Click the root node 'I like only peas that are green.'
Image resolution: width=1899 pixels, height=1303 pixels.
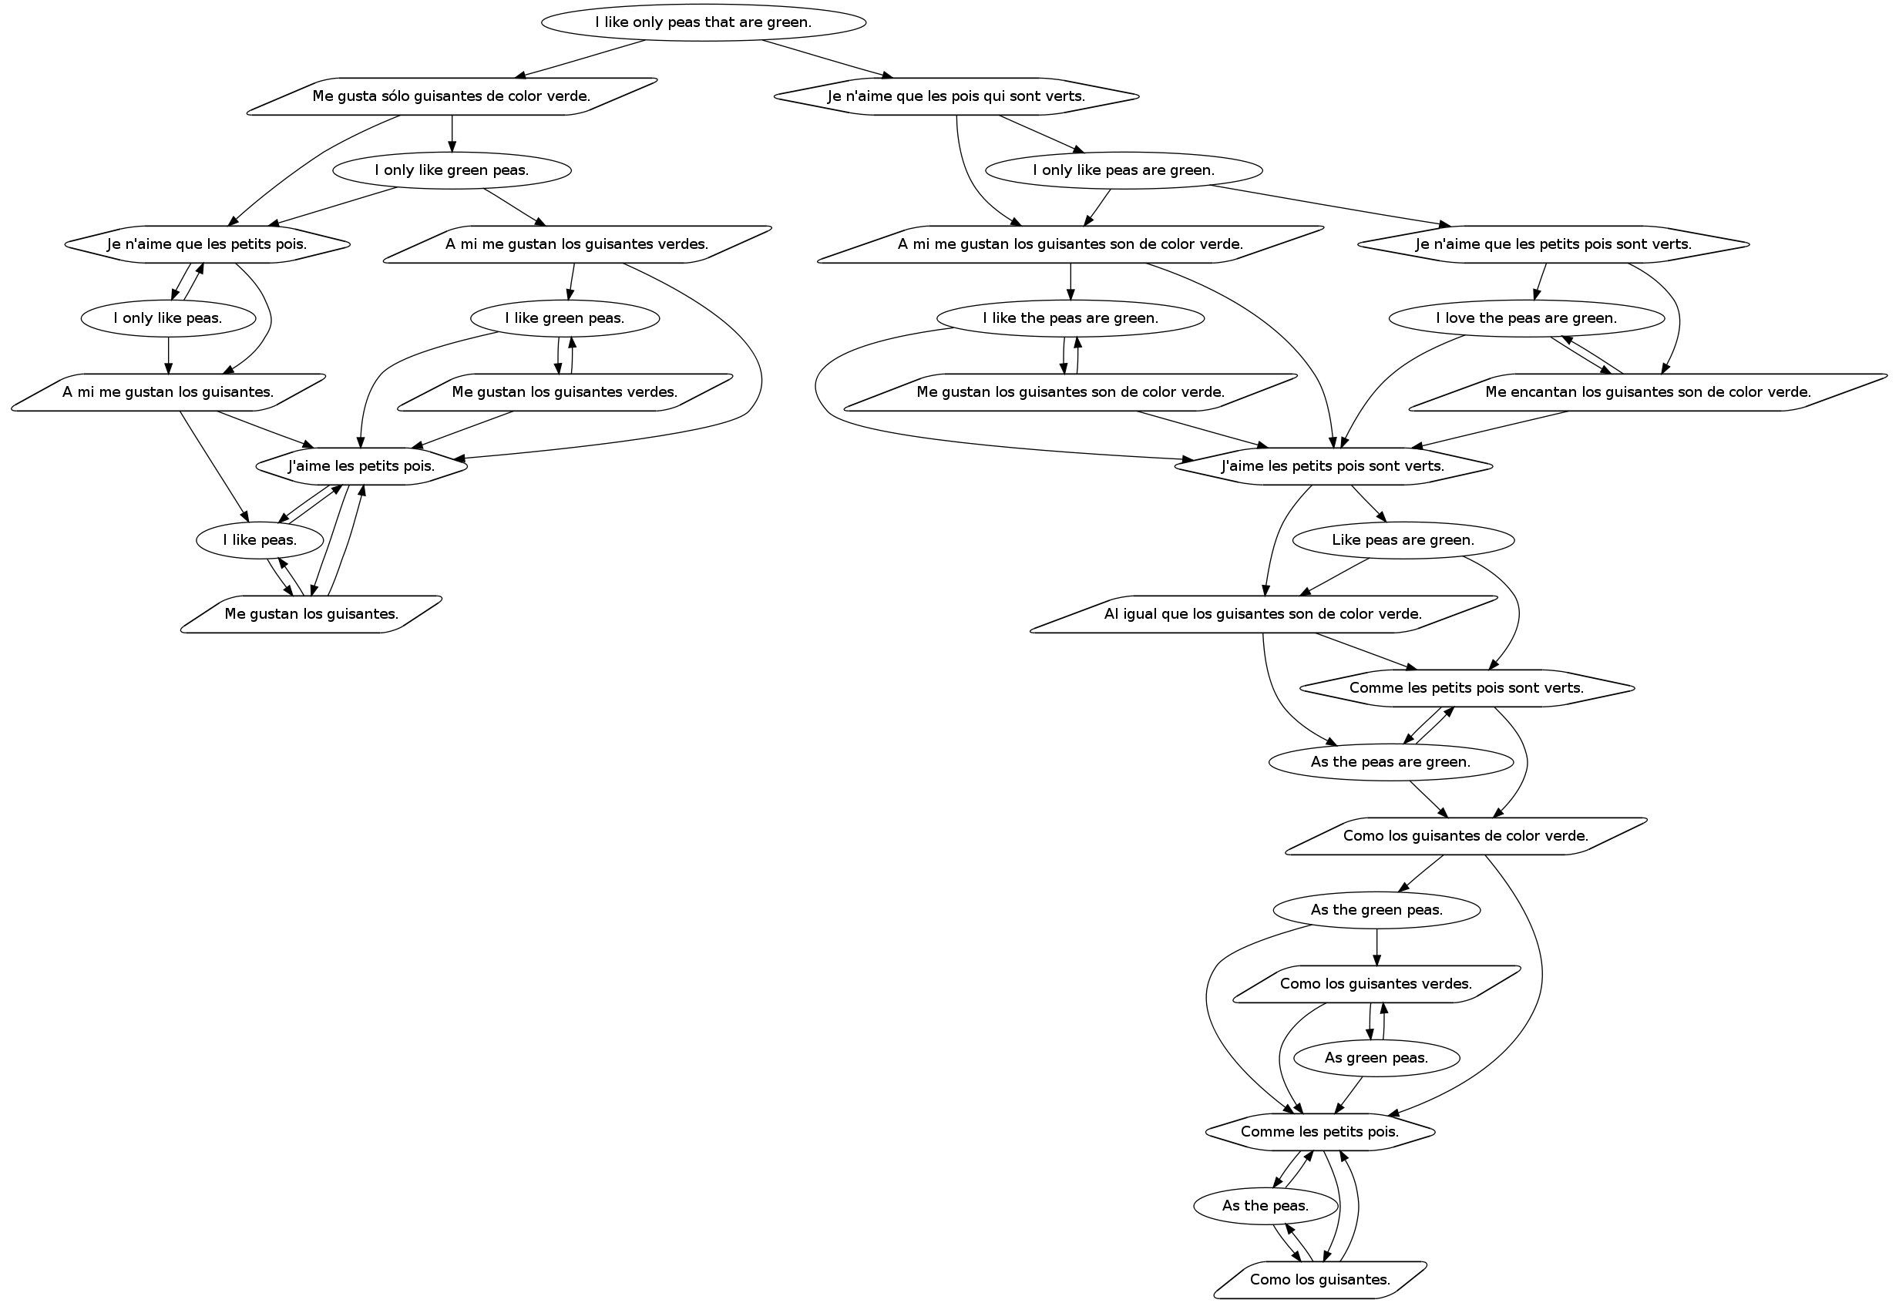click(x=704, y=22)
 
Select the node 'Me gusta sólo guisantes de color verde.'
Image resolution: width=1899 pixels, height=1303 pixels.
click(x=452, y=96)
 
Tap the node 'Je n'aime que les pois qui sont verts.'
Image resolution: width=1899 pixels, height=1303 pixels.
click(x=956, y=96)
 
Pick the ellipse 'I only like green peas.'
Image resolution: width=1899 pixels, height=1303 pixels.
click(x=452, y=171)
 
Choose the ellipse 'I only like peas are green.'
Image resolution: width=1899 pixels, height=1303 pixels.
click(x=1124, y=171)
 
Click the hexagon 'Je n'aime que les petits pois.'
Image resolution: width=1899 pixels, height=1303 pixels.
click(x=207, y=244)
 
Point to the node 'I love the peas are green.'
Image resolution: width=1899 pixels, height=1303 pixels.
click(x=1527, y=318)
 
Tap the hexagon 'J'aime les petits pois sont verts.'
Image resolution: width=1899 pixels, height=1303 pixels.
click(x=1333, y=466)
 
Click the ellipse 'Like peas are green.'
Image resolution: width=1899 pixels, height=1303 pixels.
click(x=1403, y=540)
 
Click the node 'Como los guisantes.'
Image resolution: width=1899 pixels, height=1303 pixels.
click(x=1320, y=1279)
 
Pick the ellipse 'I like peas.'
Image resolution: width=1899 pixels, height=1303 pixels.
click(x=260, y=540)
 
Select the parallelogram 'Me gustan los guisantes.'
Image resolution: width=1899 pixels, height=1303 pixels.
click(x=311, y=614)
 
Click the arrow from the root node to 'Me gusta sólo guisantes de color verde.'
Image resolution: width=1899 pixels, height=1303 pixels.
click(x=580, y=59)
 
